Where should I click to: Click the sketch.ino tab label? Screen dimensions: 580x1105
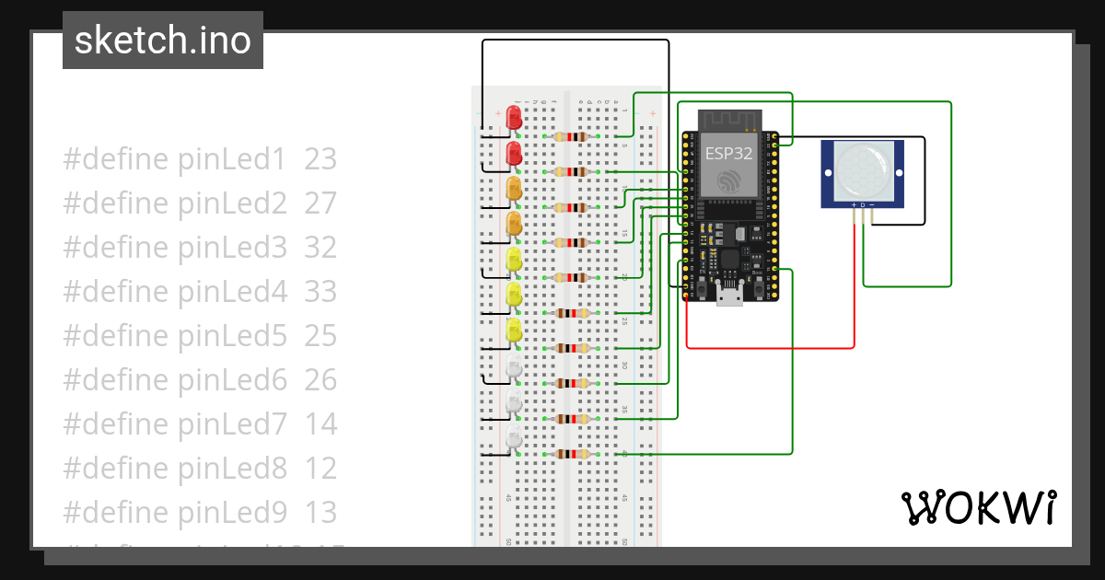(162, 41)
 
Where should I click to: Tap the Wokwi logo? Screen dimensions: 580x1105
(978, 508)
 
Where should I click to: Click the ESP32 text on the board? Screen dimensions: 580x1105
(729, 153)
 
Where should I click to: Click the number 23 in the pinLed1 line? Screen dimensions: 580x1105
(320, 159)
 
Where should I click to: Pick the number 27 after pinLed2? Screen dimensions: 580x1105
(320, 203)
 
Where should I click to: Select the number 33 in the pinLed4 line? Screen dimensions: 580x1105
(320, 292)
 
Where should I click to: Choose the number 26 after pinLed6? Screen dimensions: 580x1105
(320, 380)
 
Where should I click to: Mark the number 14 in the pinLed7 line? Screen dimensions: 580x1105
(320, 424)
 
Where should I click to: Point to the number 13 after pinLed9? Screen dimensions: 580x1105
(320, 513)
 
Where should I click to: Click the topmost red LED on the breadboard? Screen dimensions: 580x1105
(513, 117)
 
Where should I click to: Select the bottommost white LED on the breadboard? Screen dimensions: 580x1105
(513, 438)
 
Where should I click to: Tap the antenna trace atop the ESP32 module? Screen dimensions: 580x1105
(730, 121)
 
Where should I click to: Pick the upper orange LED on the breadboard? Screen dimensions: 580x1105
(514, 188)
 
